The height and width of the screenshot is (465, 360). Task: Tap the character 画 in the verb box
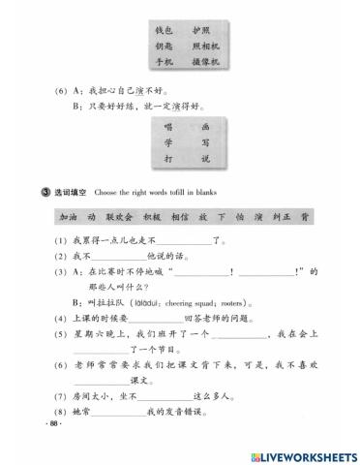point(202,127)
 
